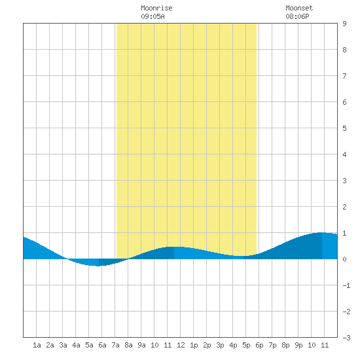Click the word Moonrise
coord(156,8)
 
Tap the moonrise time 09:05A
coord(153,16)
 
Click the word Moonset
coord(299,8)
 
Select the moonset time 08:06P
coord(297,16)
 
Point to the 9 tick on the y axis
coord(344,24)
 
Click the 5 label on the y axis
coord(344,128)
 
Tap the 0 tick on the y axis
coord(344,259)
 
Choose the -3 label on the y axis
coord(346,338)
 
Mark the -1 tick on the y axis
coord(346,285)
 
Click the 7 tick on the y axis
coord(344,76)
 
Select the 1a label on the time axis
coord(37,345)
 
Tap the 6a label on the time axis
coord(102,345)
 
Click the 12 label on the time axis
coord(181,345)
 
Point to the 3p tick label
coord(220,345)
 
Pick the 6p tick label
coord(259,345)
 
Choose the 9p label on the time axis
coord(298,345)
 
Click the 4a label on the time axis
coord(76,345)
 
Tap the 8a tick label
coord(128,345)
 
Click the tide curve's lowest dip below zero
coord(98,266)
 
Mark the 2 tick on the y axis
coord(344,207)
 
